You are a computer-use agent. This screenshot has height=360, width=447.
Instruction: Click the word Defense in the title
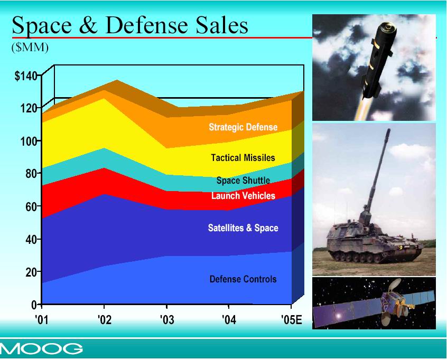pyautogui.click(x=146, y=26)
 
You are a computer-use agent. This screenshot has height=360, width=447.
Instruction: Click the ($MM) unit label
pyautogui.click(x=30, y=48)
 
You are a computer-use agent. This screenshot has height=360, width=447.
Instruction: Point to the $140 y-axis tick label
pyautogui.click(x=26, y=76)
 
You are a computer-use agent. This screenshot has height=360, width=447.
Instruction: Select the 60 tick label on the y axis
pyautogui.click(x=31, y=206)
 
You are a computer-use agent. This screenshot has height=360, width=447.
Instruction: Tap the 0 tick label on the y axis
pyautogui.click(x=34, y=305)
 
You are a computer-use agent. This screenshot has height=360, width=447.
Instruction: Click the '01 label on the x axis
pyautogui.click(x=42, y=319)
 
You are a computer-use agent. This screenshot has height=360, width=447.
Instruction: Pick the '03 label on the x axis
pyautogui.click(x=166, y=319)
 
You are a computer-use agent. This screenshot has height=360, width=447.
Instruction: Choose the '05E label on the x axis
pyautogui.click(x=291, y=319)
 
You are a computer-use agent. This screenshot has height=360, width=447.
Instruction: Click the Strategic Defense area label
pyautogui.click(x=243, y=127)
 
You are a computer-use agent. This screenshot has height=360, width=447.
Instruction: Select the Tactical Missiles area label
pyautogui.click(x=243, y=158)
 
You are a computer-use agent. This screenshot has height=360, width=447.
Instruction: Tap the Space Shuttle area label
pyautogui.click(x=243, y=181)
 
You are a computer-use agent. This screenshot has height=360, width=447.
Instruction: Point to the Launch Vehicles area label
pyautogui.click(x=243, y=196)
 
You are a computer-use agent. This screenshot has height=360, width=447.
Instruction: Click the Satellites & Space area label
pyautogui.click(x=243, y=228)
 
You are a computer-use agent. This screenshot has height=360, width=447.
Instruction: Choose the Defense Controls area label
pyautogui.click(x=243, y=279)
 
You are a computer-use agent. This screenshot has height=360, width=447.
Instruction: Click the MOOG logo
pyautogui.click(x=42, y=348)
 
